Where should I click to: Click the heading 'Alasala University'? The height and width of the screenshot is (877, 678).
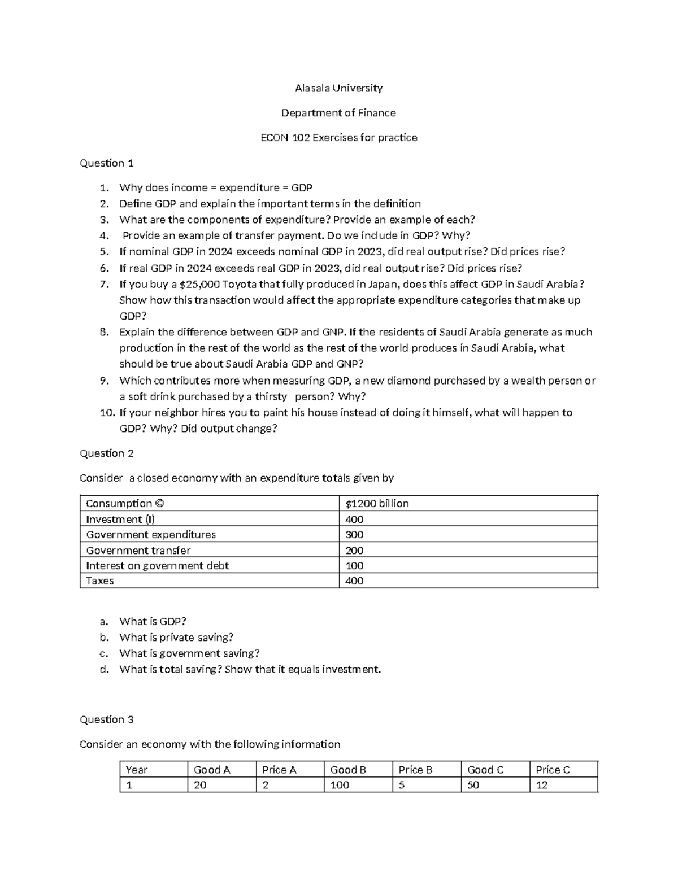tap(338, 88)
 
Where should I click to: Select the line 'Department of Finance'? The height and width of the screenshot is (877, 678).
tap(338, 113)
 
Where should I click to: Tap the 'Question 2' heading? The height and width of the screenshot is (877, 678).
tap(107, 453)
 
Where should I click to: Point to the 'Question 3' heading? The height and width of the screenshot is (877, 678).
tap(107, 719)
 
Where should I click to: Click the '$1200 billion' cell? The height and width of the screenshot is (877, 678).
tap(377, 504)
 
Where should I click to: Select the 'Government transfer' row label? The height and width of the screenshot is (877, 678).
tap(138, 550)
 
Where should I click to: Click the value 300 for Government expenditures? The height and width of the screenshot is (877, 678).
tap(354, 535)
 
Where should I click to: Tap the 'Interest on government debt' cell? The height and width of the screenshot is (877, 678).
tap(158, 565)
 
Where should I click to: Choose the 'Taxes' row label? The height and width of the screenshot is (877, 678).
tap(100, 581)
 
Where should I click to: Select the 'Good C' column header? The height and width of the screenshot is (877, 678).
tap(485, 770)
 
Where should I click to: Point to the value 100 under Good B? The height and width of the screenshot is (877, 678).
tap(340, 785)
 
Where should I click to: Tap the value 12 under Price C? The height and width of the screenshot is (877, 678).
tap(542, 785)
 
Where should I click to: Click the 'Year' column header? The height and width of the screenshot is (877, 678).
tap(137, 770)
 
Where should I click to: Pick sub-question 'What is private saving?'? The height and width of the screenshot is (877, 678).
tap(176, 638)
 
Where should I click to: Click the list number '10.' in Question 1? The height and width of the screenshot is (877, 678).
tap(107, 413)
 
